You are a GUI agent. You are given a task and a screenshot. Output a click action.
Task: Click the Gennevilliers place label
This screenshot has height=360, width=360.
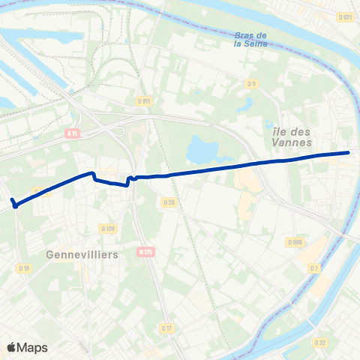[82, 255]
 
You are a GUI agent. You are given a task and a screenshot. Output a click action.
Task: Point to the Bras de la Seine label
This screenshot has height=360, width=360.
[250, 39]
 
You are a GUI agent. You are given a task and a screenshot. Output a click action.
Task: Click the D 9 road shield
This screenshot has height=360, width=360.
[252, 84]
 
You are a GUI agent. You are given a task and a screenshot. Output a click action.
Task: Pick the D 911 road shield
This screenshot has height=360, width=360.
[144, 100]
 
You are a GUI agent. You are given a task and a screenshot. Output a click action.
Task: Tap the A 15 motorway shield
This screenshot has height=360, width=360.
[72, 133]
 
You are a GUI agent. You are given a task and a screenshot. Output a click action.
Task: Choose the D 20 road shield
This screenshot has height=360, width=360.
[168, 202]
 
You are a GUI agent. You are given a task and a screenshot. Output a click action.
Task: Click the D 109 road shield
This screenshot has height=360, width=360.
[106, 229]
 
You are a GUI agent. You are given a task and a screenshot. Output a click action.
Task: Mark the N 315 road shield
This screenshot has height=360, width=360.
[145, 253]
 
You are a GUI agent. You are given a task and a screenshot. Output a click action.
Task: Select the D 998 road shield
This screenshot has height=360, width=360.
[295, 241]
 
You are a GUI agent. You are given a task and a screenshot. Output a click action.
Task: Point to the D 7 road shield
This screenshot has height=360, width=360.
[314, 268]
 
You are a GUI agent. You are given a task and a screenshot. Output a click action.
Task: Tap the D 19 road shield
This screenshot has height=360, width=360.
[24, 268]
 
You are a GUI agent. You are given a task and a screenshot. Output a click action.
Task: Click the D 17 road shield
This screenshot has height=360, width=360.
[166, 328]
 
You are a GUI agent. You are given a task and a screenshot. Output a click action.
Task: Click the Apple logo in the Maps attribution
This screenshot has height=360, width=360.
[11, 347]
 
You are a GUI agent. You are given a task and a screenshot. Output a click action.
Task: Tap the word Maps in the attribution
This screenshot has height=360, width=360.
[33, 347]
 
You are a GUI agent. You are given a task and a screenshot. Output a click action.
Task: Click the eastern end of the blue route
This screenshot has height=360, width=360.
[349, 153]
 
